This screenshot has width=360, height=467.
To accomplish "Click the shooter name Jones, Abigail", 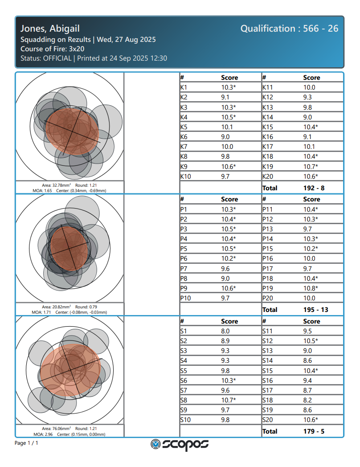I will [x=50, y=29].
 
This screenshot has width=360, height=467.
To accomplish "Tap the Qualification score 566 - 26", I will [x=289, y=29].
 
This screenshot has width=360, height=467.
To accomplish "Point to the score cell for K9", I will [x=229, y=167].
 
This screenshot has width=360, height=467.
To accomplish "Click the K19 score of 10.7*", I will [x=311, y=167].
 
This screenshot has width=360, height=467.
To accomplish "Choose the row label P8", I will [x=184, y=279].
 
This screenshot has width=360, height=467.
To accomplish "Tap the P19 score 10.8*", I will [x=311, y=288].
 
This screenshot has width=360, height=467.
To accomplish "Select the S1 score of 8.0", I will [x=225, y=331].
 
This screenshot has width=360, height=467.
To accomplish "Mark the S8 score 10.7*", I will [x=229, y=400].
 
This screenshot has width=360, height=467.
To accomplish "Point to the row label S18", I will [x=267, y=400].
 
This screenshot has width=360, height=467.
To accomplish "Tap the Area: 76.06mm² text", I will [x=56, y=429].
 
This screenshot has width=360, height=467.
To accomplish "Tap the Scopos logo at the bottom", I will [x=180, y=444].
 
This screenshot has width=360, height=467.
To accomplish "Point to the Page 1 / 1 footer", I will [x=27, y=443].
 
